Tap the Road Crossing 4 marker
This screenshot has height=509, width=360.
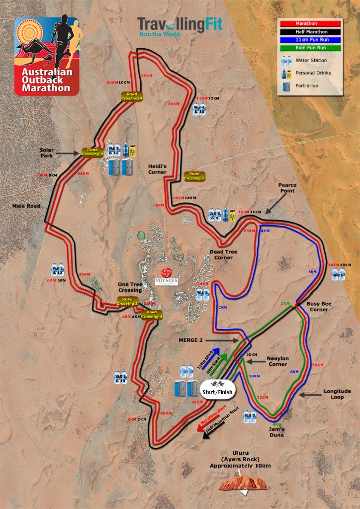click(131, 96)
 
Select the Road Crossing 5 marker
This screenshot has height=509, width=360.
click(193, 176)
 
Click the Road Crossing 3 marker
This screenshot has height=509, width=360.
click(93, 152)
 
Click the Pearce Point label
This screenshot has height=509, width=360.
click(287, 188)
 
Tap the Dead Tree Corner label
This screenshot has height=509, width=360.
click(223, 254)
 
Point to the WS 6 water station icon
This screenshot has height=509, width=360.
click(339, 273)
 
